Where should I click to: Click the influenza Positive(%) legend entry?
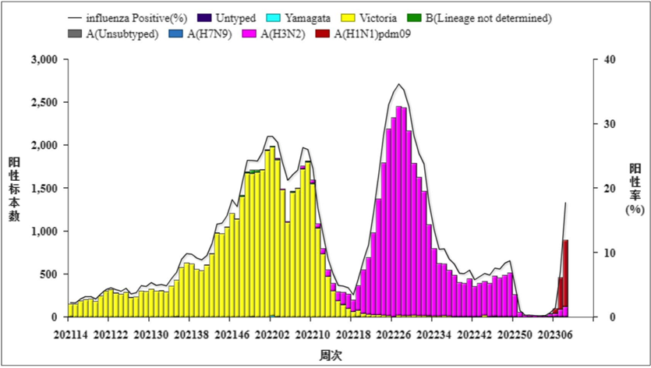pos(125,17)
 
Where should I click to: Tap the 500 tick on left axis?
pos(49,274)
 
